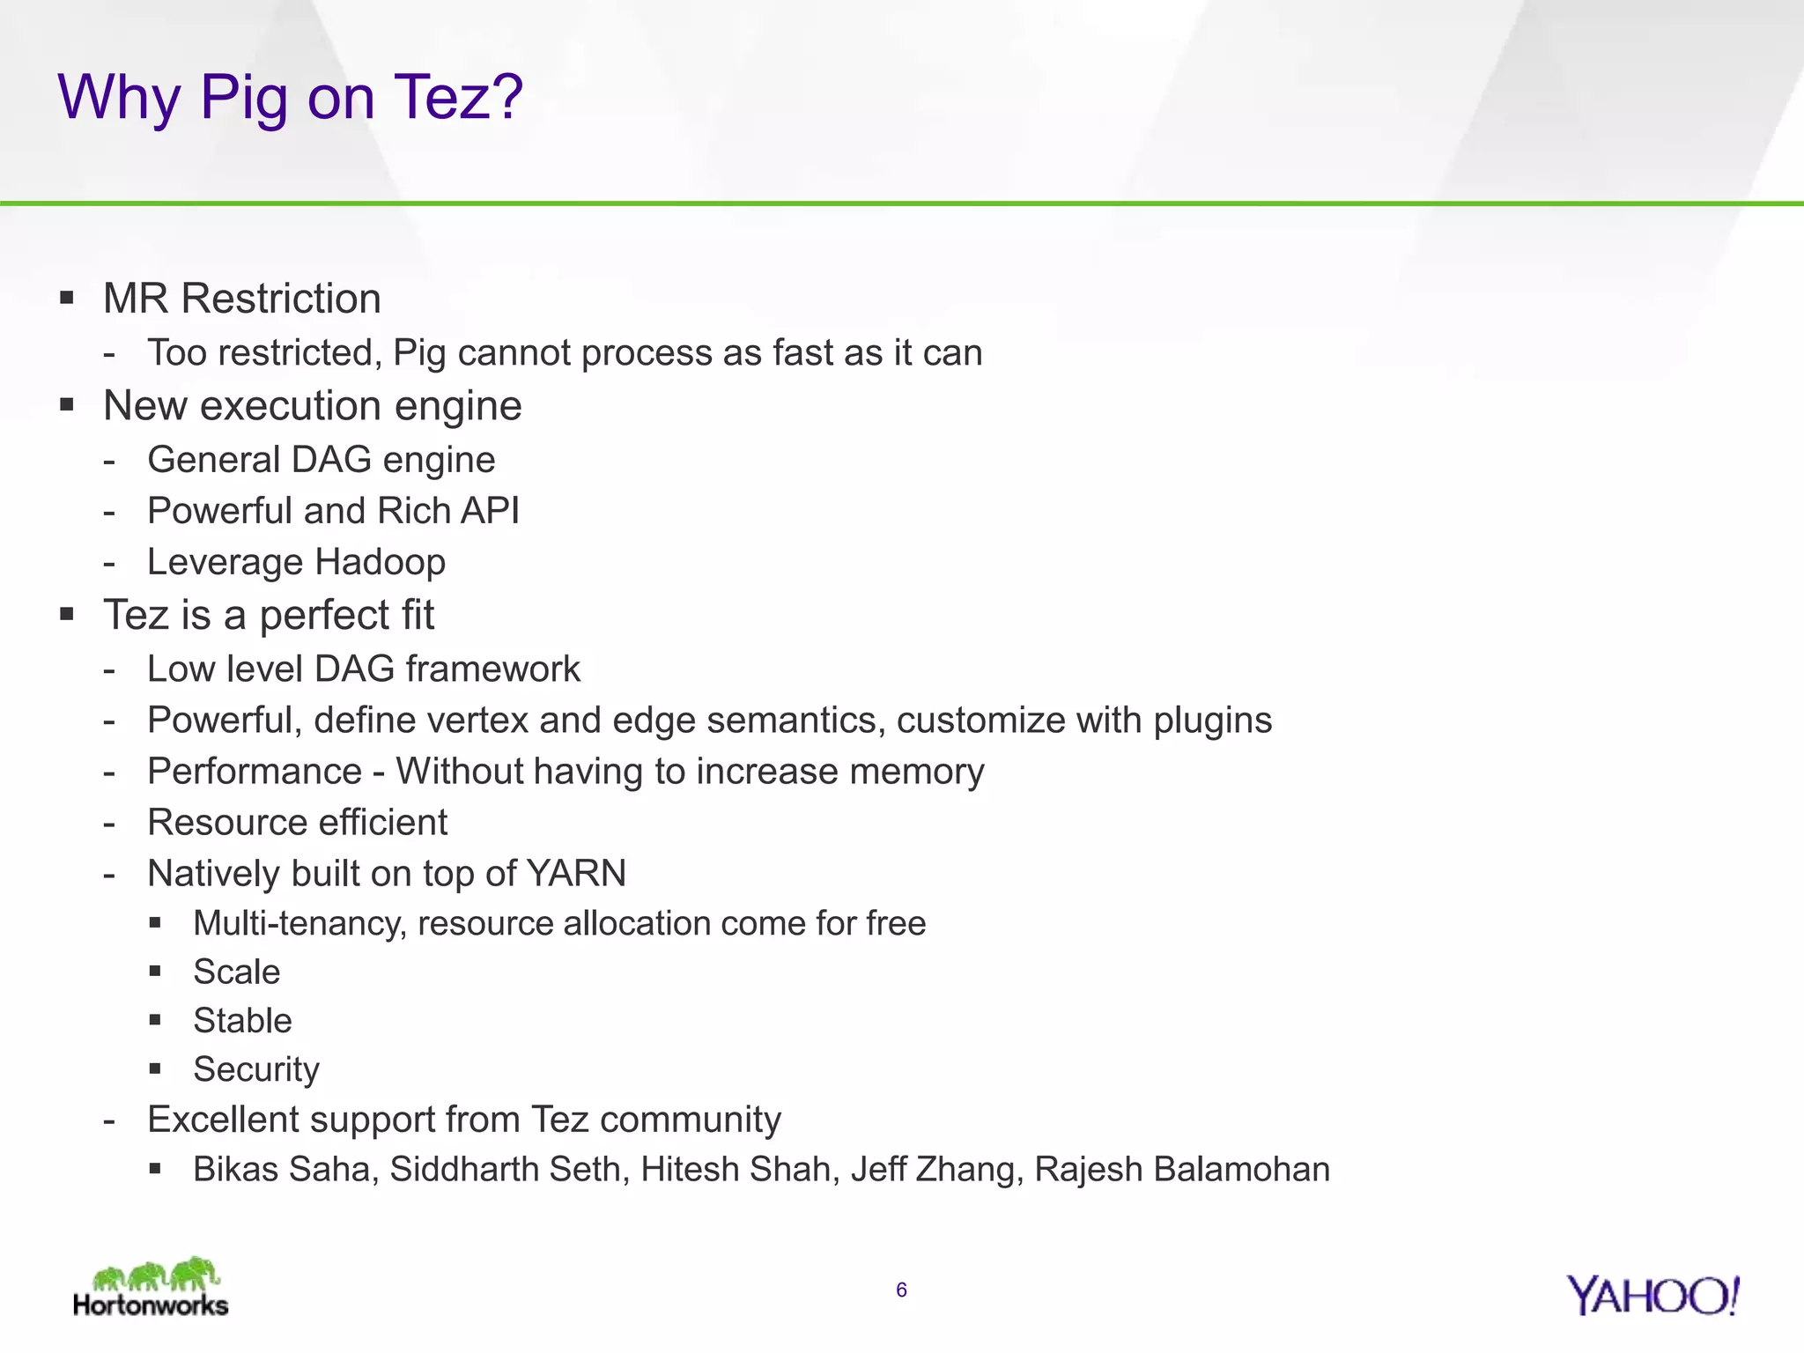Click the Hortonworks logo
[151, 1288]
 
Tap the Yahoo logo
[1652, 1296]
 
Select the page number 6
[901, 1290]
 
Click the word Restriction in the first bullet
[281, 299]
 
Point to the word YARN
[576, 873]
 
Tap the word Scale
[237, 972]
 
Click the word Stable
[242, 1020]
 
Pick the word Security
[256, 1069]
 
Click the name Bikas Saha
[285, 1169]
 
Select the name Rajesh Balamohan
[1182, 1169]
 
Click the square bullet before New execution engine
[67, 405]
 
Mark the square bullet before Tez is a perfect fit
[67, 614]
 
